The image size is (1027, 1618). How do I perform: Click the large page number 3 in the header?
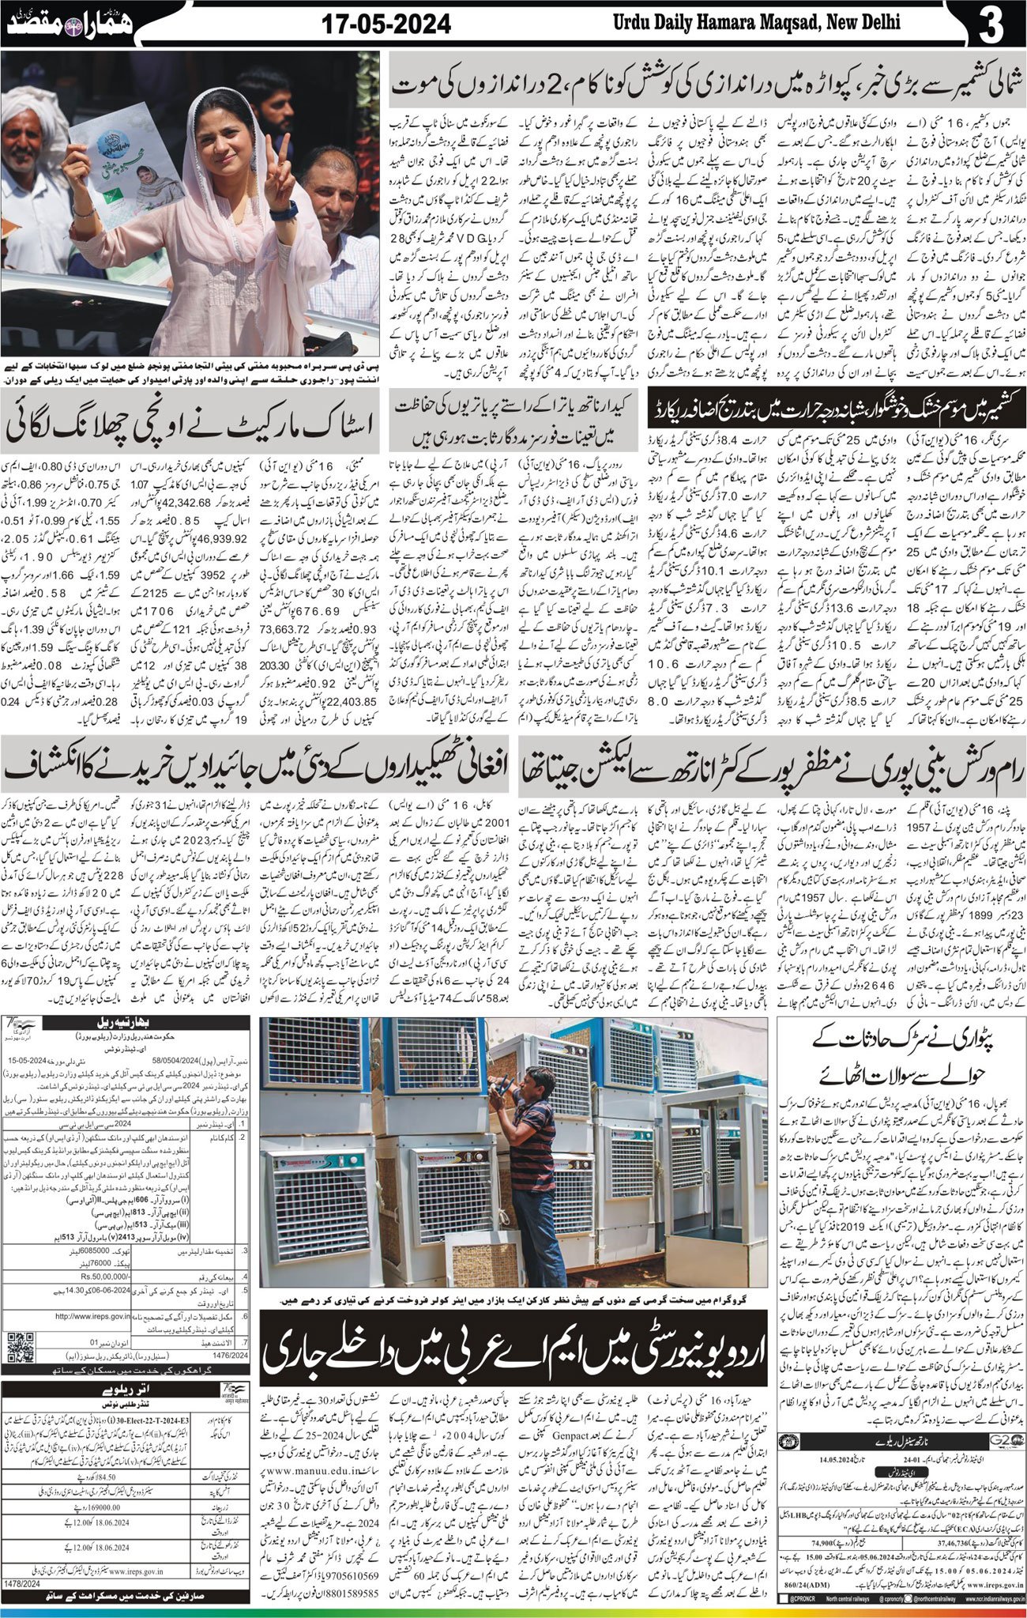tap(991, 25)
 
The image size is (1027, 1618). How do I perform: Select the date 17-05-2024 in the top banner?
tap(386, 25)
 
